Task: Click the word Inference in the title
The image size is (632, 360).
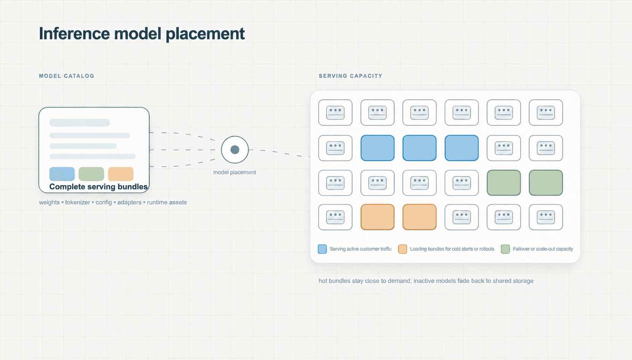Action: click(75, 33)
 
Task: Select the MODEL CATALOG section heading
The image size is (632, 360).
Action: click(67, 76)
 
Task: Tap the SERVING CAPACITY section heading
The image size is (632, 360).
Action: click(351, 76)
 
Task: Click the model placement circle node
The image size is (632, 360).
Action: click(235, 150)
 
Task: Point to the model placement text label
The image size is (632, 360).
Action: click(235, 172)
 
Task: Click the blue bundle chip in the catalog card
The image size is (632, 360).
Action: click(62, 174)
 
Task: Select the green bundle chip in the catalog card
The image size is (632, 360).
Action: click(91, 174)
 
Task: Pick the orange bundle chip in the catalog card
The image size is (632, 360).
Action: click(121, 174)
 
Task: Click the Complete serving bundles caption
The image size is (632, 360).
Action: click(98, 186)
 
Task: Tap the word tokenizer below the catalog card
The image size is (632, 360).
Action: click(78, 202)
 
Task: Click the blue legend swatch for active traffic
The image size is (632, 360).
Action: click(322, 249)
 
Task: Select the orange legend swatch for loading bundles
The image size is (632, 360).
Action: click(403, 249)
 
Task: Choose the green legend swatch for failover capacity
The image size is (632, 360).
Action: click(505, 249)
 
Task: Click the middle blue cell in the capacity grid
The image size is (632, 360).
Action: click(419, 148)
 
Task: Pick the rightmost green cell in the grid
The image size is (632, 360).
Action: click(546, 183)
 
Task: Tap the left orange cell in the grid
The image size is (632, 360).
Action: click(378, 217)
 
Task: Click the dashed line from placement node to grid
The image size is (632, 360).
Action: click(279, 153)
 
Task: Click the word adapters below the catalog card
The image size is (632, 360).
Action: click(130, 202)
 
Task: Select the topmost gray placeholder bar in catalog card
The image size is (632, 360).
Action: click(79, 123)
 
